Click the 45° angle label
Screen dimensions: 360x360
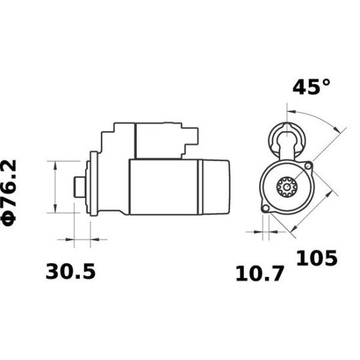[311, 88]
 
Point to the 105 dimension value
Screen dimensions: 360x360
[317, 258]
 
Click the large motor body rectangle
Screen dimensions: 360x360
[164, 186]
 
